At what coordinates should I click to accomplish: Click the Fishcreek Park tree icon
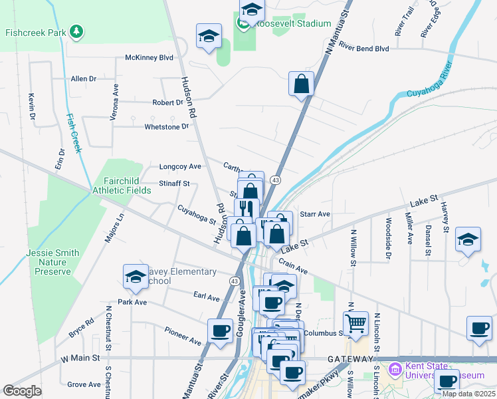point(78,31)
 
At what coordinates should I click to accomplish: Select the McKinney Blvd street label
point(149,58)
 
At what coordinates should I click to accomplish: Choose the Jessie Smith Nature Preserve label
point(52,262)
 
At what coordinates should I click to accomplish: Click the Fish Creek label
point(74,133)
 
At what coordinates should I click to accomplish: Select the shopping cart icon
point(356,323)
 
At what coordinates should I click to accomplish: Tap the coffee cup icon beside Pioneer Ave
point(221,330)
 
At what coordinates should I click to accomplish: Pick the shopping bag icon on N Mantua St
point(301,84)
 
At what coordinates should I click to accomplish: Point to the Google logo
point(23,391)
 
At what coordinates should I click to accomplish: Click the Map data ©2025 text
point(468,394)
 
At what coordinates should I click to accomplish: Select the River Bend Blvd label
point(363,48)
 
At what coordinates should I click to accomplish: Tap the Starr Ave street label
point(315,214)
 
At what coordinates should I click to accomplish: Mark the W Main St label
point(80,358)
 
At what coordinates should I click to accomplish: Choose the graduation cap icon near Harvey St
point(468,239)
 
